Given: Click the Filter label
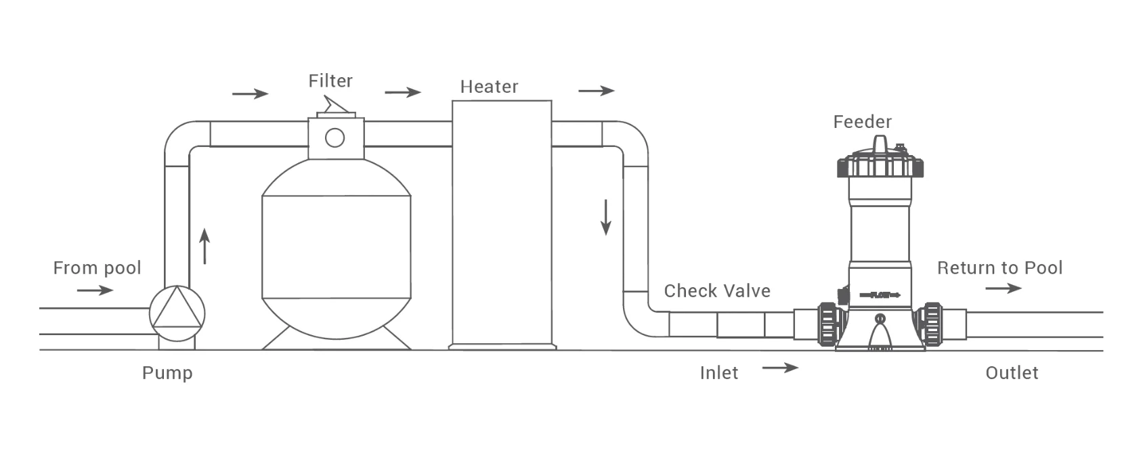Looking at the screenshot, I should pos(330,81).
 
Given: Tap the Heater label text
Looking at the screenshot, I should pos(489,87).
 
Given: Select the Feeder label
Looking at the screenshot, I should pos(862,122).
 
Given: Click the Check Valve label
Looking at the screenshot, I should pos(717,291).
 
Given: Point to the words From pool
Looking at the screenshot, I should pos(97,268).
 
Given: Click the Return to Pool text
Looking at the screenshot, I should pos(999,268).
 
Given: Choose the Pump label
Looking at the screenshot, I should pos(167,373).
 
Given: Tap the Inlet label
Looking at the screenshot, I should pos(719,373).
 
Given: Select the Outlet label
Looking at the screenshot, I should pos(1012,373).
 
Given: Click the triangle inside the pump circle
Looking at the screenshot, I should pos(177,310).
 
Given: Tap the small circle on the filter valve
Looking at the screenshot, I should pos(335,137).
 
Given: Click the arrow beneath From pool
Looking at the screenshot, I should pos(95,290).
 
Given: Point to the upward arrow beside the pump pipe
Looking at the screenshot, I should pos(204,246).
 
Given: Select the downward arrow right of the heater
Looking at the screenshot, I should pos(606,217).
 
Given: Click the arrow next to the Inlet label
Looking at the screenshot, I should pos(780,368).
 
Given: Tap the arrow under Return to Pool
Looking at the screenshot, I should pos(1003,288).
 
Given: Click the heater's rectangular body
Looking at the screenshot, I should pos(502,223).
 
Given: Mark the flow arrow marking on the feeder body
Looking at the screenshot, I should pos(880,295).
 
